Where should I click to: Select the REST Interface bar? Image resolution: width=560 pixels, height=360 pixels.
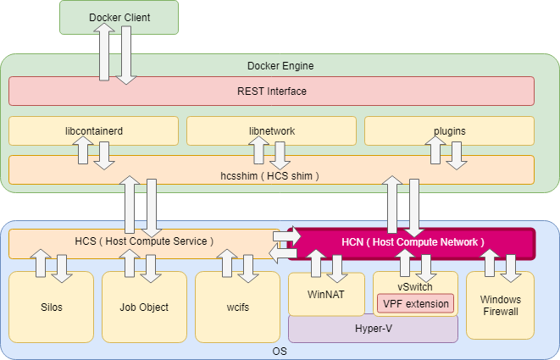271,91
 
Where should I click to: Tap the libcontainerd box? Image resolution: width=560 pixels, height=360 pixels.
93,131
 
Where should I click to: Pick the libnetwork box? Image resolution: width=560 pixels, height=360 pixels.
271,131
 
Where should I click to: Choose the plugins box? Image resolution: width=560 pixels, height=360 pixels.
449,131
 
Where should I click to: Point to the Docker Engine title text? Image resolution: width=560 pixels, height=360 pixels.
280,65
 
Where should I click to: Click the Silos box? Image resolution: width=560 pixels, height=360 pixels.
51,307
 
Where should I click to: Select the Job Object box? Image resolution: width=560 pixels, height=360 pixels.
144,307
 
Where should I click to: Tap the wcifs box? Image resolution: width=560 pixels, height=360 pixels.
237,307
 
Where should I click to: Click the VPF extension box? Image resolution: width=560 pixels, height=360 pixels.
415,302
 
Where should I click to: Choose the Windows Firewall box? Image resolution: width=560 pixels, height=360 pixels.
500,306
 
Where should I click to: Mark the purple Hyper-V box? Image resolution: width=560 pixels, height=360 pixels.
373,329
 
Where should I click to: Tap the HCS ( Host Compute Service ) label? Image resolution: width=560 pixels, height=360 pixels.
144,241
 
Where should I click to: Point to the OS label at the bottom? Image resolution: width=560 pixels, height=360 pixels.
280,350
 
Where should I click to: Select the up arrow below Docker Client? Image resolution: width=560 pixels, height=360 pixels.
106,51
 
